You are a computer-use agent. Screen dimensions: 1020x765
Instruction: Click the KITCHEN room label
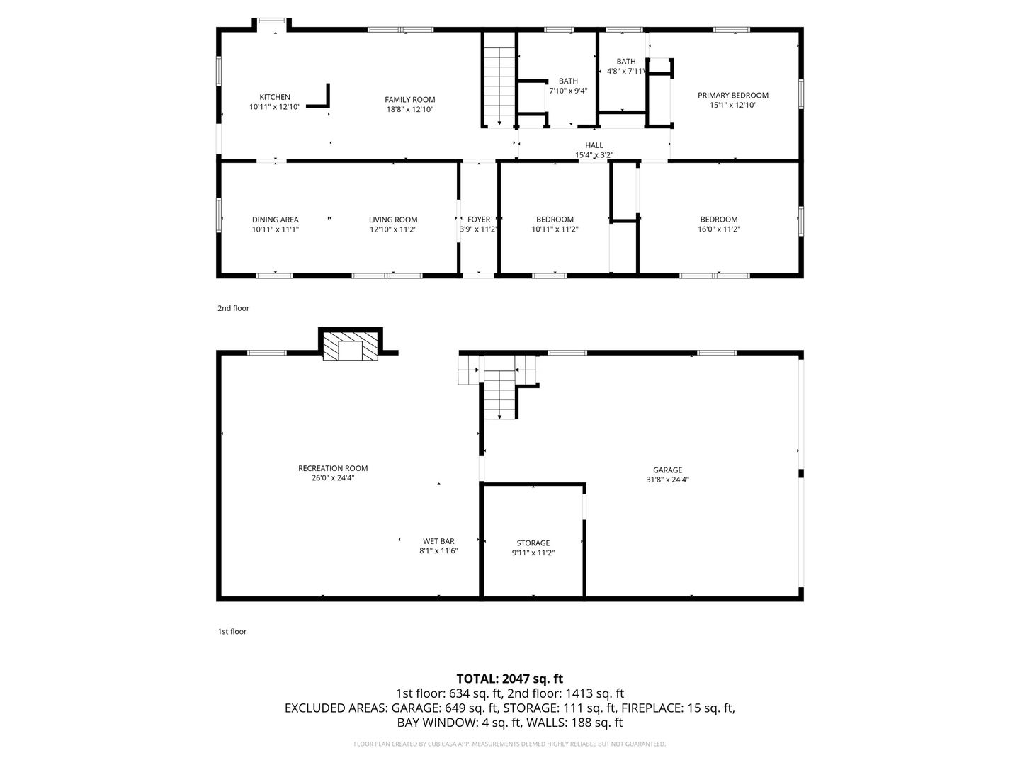tap(275, 97)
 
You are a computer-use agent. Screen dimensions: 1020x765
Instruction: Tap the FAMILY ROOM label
tap(410, 99)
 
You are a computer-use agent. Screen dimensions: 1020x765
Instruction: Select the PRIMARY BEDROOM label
tap(733, 95)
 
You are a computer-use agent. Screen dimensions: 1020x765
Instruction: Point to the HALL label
tap(594, 145)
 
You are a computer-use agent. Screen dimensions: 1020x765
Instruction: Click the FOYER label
tap(479, 220)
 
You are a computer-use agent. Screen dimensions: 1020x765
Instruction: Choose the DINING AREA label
tap(275, 220)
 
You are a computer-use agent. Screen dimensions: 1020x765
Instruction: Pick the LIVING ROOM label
tap(393, 220)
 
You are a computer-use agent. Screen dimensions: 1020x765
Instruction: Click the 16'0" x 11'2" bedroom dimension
tap(719, 229)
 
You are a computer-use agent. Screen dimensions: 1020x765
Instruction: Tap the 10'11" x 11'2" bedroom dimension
tap(555, 229)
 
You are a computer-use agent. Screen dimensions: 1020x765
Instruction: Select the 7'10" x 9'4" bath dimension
tap(568, 91)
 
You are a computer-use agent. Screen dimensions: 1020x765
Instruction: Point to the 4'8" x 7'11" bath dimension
tap(626, 71)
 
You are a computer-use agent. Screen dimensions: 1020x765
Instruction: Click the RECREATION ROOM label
tap(333, 468)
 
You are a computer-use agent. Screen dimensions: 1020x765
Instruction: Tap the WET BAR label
tap(438, 541)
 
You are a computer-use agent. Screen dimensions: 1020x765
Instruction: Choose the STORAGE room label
tap(533, 543)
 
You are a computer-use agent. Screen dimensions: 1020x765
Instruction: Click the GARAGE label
tap(667, 470)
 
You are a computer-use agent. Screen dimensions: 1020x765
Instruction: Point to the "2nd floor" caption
tap(233, 308)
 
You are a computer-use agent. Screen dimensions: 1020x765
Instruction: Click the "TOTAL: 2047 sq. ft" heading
tap(510, 679)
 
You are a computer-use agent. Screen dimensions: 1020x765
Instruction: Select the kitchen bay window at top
tap(272, 21)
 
